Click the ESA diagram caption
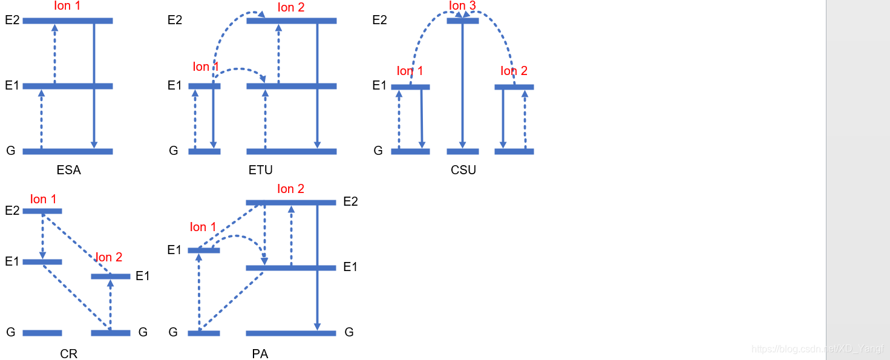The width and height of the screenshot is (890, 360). [68, 170]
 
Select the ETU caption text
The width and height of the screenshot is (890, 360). [261, 170]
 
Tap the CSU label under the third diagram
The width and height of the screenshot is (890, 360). [463, 170]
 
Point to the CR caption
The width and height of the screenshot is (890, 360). [69, 354]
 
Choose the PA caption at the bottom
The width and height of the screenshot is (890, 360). [260, 354]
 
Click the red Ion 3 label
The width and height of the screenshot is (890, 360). [462, 6]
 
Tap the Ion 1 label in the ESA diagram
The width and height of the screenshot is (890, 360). [67, 6]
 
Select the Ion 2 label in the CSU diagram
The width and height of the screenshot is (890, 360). [514, 71]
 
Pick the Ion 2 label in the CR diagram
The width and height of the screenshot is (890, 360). [109, 257]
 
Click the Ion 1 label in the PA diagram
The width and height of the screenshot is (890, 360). [203, 227]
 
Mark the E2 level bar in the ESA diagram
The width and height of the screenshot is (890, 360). [68, 21]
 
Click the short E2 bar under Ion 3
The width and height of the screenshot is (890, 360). [462, 21]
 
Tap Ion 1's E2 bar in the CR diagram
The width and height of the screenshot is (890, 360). [42, 211]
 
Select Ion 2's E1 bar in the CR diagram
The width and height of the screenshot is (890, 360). [110, 277]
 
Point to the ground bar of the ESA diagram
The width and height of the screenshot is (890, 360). [68, 151]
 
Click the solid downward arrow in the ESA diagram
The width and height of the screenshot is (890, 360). [94, 85]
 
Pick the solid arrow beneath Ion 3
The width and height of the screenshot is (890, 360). [462, 85]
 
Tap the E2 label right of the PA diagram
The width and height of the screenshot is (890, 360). [350, 201]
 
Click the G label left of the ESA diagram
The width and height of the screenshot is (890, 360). [11, 151]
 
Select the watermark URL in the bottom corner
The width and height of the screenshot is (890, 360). [817, 349]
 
